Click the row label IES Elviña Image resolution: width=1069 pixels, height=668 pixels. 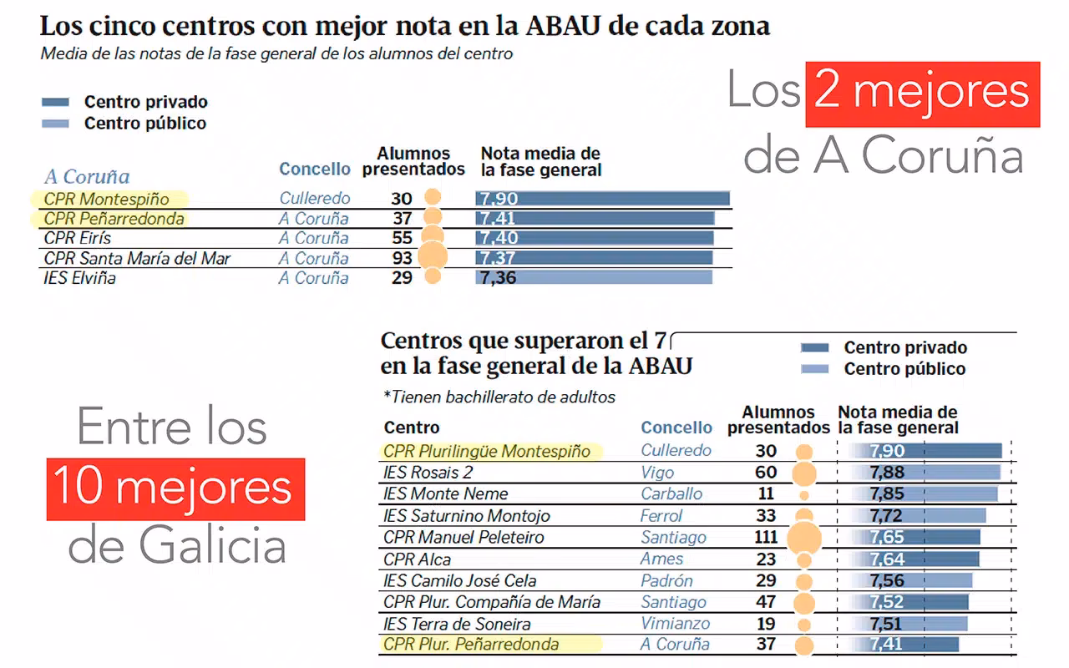(x=80, y=278)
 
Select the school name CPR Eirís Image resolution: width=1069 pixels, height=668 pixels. (x=78, y=239)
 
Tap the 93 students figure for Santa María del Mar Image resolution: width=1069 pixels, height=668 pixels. (x=403, y=258)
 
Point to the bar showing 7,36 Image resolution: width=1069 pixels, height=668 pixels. (x=594, y=277)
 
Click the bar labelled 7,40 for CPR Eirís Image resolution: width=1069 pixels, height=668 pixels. (x=595, y=239)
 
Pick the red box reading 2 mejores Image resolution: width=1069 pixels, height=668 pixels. (x=922, y=94)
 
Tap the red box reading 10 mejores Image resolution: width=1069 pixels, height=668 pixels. (x=175, y=488)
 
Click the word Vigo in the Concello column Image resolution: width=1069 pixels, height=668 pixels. (x=657, y=472)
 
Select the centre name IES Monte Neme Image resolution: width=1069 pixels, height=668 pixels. (x=445, y=493)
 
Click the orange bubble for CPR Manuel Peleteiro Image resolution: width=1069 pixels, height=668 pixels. (x=804, y=538)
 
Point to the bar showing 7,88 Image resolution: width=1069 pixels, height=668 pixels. (x=925, y=472)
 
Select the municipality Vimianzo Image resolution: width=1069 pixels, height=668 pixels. (x=676, y=624)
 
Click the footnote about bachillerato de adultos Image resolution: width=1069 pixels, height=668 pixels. (x=499, y=397)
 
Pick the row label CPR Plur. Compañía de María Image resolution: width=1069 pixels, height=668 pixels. (x=492, y=602)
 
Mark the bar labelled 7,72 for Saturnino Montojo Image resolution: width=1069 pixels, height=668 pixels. (x=918, y=515)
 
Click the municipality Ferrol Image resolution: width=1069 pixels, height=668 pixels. (x=661, y=515)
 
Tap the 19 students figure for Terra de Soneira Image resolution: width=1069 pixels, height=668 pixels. (x=765, y=624)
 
